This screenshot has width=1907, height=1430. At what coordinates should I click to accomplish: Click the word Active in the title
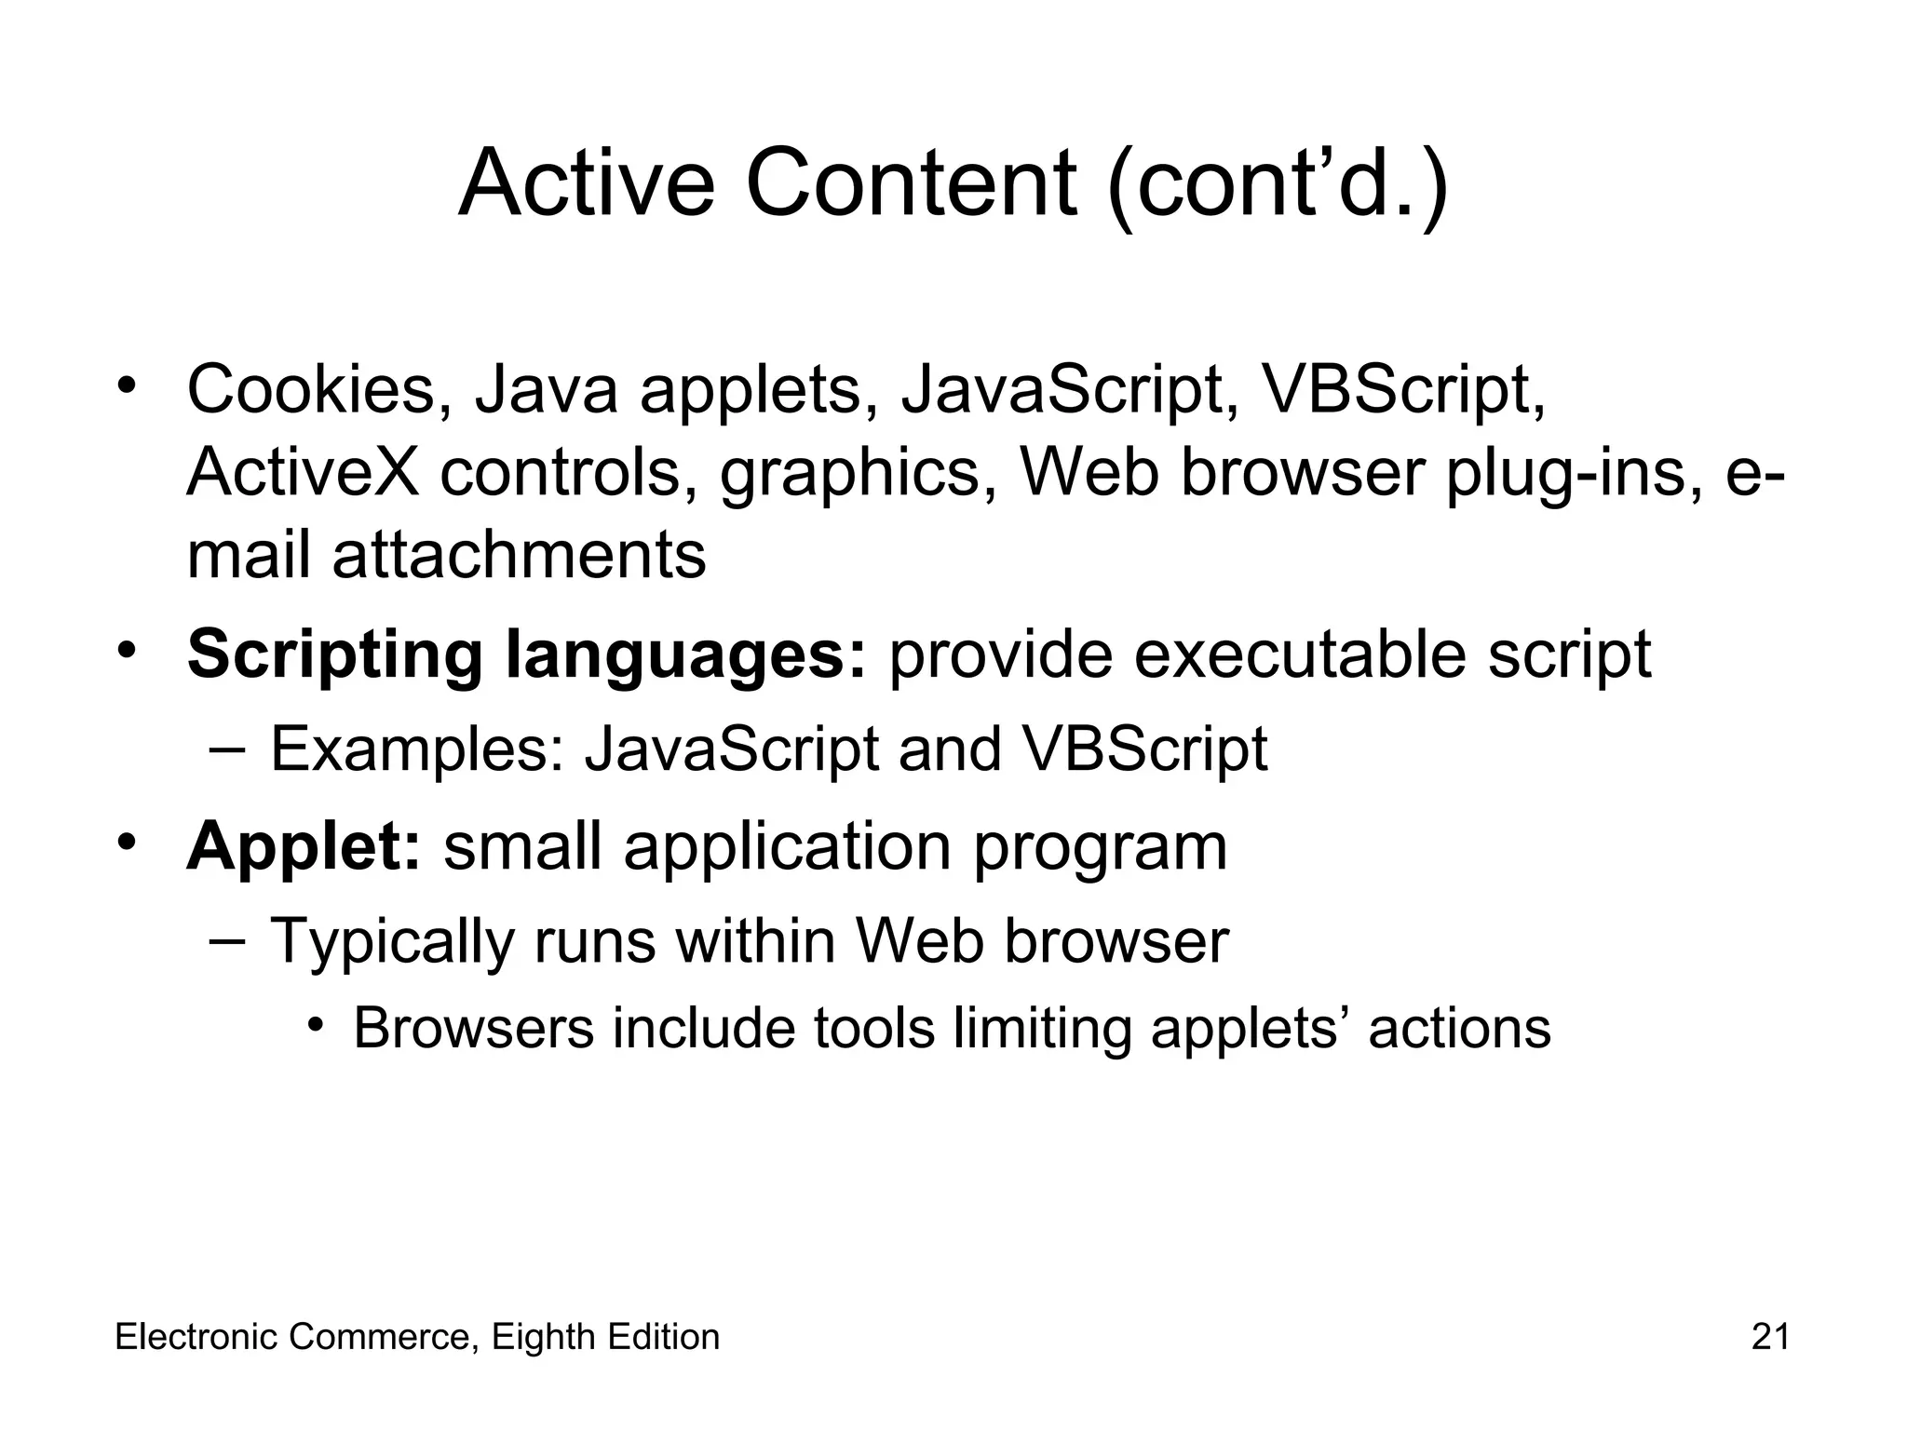point(587,183)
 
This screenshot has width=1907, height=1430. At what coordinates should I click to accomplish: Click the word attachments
point(519,556)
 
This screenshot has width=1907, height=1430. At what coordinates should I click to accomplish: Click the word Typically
point(392,942)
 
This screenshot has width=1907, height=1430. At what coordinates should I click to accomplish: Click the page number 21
point(1770,1337)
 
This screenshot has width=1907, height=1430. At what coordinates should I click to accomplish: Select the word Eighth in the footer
point(544,1338)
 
